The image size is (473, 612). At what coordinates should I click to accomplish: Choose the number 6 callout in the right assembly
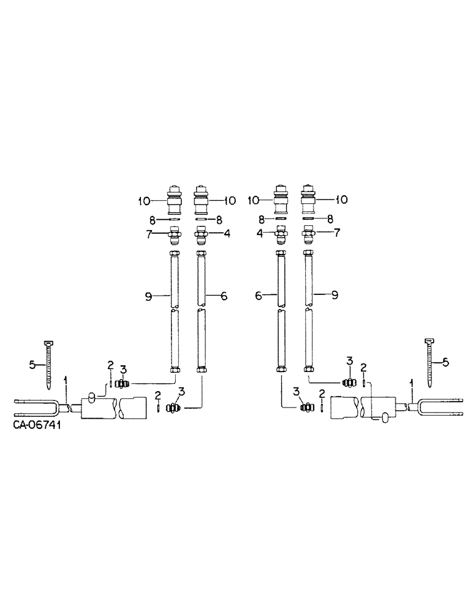(258, 296)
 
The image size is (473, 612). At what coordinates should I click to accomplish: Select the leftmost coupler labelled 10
(174, 199)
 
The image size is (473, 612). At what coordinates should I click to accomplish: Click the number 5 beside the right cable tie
(445, 362)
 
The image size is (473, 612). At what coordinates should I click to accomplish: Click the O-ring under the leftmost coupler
(174, 218)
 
